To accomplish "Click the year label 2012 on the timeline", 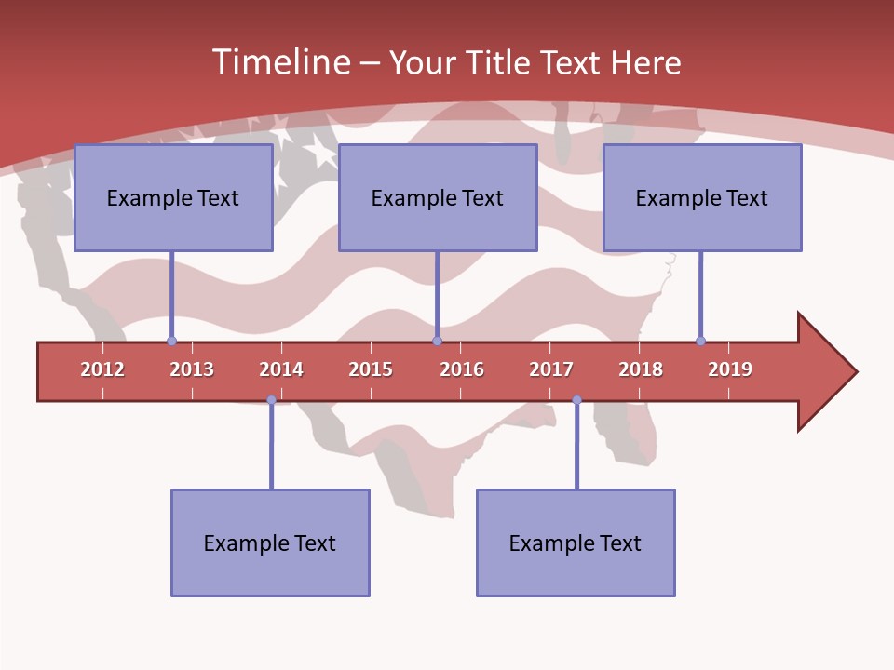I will tap(102, 369).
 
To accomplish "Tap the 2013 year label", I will tap(192, 369).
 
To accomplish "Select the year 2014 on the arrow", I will tap(281, 369).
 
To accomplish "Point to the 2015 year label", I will tap(371, 369).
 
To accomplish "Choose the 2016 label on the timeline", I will tap(462, 369).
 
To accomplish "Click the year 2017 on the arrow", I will tap(551, 369).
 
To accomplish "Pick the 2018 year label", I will tap(641, 369).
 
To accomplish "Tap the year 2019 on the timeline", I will tap(730, 369).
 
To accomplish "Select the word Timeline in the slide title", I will tap(280, 62).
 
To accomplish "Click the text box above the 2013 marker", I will tap(173, 197).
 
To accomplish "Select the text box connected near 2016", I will tap(438, 197).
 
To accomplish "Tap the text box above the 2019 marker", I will tap(702, 197).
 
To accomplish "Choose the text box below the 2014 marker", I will tap(270, 543).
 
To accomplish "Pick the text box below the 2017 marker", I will tap(576, 543).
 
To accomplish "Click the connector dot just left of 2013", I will tap(171, 342).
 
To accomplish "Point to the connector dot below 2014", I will tap(271, 400).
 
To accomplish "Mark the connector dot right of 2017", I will tap(576, 400).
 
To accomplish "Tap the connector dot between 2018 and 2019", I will tap(700, 342).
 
